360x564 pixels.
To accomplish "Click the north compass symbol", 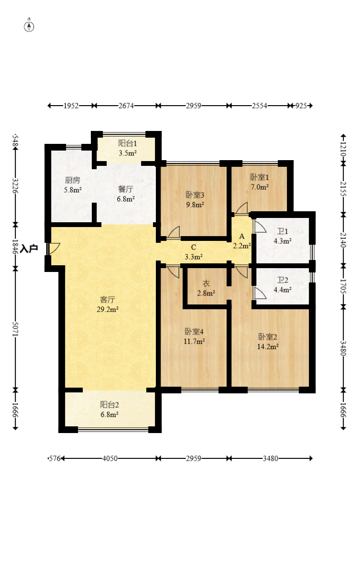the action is click(x=29, y=26).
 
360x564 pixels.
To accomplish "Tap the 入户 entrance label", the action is click(x=29, y=249).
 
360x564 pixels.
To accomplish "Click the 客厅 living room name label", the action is click(x=107, y=300).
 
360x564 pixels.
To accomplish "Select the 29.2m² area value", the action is click(x=108, y=309).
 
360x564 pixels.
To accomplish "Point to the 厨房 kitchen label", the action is click(x=73, y=180).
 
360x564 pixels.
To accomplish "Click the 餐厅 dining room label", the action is click(x=126, y=189).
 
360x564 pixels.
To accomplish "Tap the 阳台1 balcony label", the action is click(x=128, y=143).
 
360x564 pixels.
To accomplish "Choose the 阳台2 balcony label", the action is click(x=109, y=405).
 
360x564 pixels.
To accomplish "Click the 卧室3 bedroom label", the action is click(x=195, y=195).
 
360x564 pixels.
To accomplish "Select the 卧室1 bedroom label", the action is click(x=260, y=177).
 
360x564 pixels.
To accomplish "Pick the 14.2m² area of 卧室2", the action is click(x=268, y=347).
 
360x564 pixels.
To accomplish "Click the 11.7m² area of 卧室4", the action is click(x=194, y=341).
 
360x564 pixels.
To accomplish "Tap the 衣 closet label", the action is click(x=206, y=283).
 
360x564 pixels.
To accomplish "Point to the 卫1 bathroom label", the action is click(x=283, y=231).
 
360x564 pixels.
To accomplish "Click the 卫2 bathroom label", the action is click(x=283, y=280).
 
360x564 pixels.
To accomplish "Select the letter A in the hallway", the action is click(x=242, y=236).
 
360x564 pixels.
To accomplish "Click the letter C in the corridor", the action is click(x=194, y=247).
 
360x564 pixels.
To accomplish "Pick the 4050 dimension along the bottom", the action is click(x=110, y=458).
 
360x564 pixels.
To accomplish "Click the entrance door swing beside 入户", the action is click(x=54, y=249).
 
